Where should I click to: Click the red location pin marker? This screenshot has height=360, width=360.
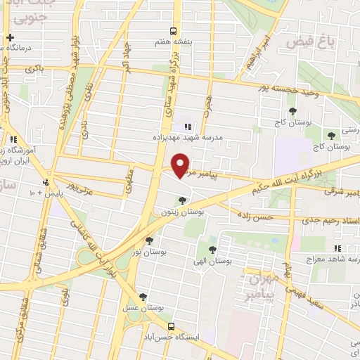point(181,166)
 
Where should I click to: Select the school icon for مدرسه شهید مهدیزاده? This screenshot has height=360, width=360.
point(187,127)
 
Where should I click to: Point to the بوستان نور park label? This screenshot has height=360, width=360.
point(152,250)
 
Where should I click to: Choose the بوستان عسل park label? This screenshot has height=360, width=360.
point(147,308)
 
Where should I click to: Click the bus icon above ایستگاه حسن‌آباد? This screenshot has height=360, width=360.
point(172,326)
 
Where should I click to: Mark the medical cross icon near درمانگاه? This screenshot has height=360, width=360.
point(10,37)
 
